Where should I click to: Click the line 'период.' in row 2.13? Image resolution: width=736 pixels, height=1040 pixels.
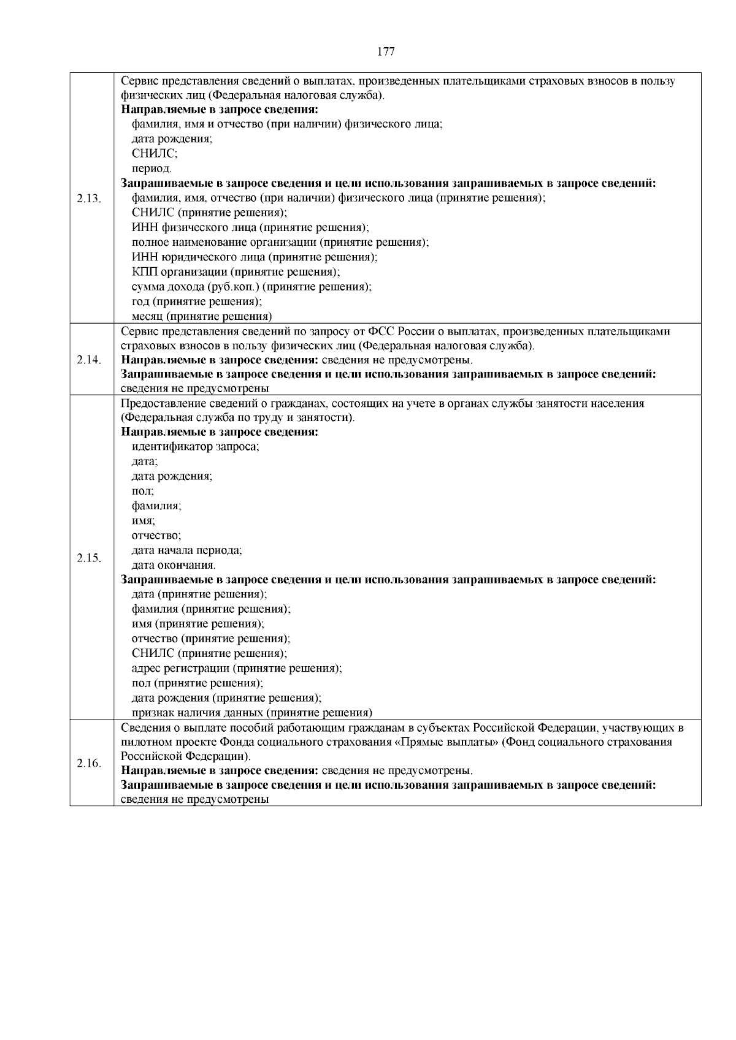[x=151, y=169]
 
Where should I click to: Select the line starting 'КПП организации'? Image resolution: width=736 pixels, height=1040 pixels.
[x=236, y=271]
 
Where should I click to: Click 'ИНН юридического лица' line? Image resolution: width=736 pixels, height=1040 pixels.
[x=255, y=257]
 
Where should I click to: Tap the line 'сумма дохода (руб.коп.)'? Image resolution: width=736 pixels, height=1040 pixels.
[x=251, y=286]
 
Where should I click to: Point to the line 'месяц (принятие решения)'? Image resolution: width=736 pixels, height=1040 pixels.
[x=202, y=316]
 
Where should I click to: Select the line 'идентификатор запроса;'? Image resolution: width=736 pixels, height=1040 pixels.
[x=196, y=447]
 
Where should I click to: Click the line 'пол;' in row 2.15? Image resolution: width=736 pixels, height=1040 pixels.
[x=143, y=491]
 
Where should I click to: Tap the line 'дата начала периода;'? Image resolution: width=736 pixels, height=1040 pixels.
[x=187, y=550]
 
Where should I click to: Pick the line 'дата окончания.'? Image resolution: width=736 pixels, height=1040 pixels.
[x=174, y=565]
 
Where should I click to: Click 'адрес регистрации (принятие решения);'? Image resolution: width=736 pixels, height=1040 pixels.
[x=237, y=668]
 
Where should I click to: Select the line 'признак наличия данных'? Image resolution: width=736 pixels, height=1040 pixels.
[x=252, y=712]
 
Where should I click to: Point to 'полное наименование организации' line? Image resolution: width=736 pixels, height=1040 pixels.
[x=280, y=242]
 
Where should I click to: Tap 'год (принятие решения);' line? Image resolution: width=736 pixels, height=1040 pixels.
[x=197, y=302]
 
